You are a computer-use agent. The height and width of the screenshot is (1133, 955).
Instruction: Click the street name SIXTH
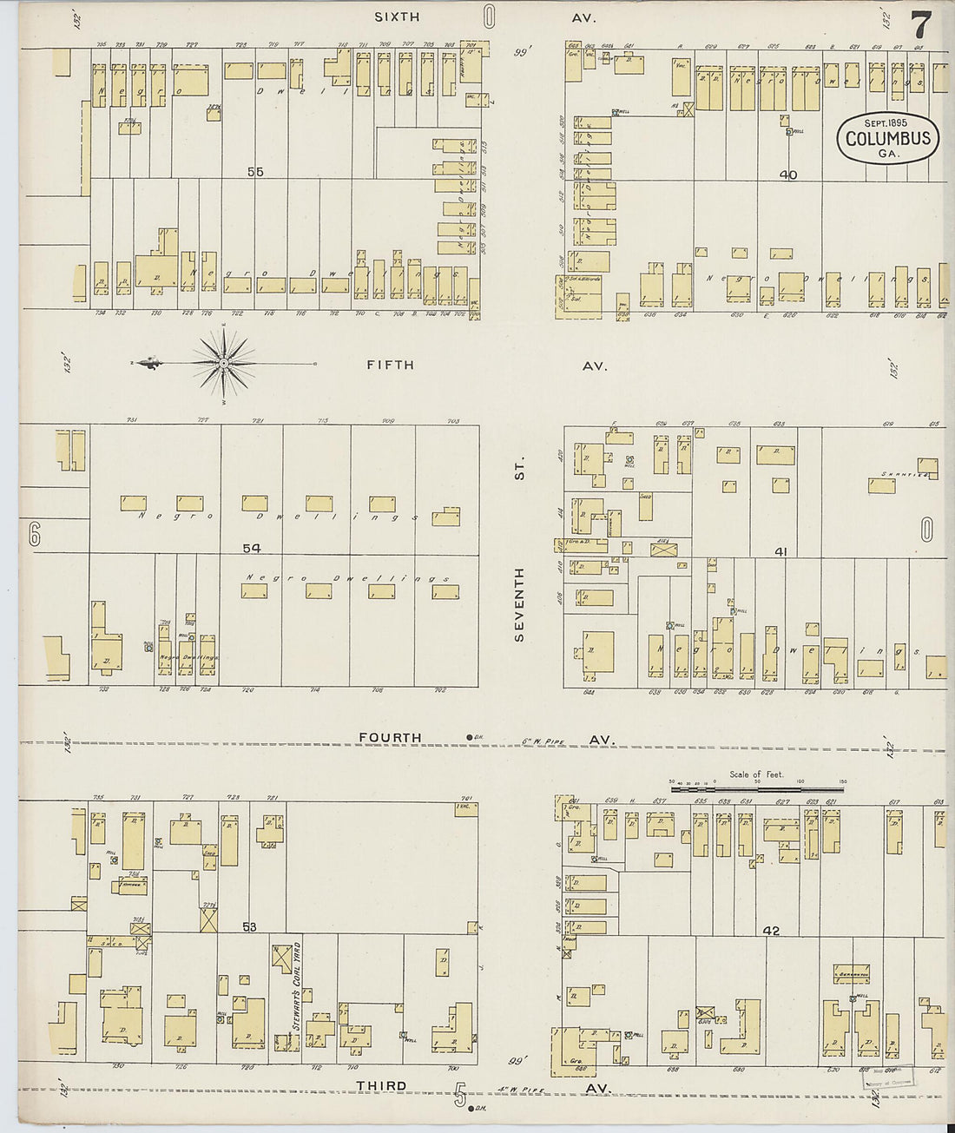397,16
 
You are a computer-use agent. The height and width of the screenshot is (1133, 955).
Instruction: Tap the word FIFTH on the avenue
390,366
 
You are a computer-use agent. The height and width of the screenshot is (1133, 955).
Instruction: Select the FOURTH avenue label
390,737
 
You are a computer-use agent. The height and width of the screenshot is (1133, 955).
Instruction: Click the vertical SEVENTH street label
519,604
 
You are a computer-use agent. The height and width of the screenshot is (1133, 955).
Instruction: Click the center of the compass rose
224,362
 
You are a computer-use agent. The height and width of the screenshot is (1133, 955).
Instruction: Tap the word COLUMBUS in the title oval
887,139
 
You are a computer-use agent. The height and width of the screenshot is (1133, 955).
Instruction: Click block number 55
254,172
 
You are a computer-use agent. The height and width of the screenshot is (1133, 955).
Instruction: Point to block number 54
252,548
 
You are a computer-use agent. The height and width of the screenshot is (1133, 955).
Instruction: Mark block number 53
249,927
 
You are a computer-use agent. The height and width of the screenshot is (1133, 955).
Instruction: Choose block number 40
787,175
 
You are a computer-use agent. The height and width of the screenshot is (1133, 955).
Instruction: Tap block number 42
771,931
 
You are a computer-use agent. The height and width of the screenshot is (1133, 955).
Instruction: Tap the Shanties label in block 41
904,475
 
